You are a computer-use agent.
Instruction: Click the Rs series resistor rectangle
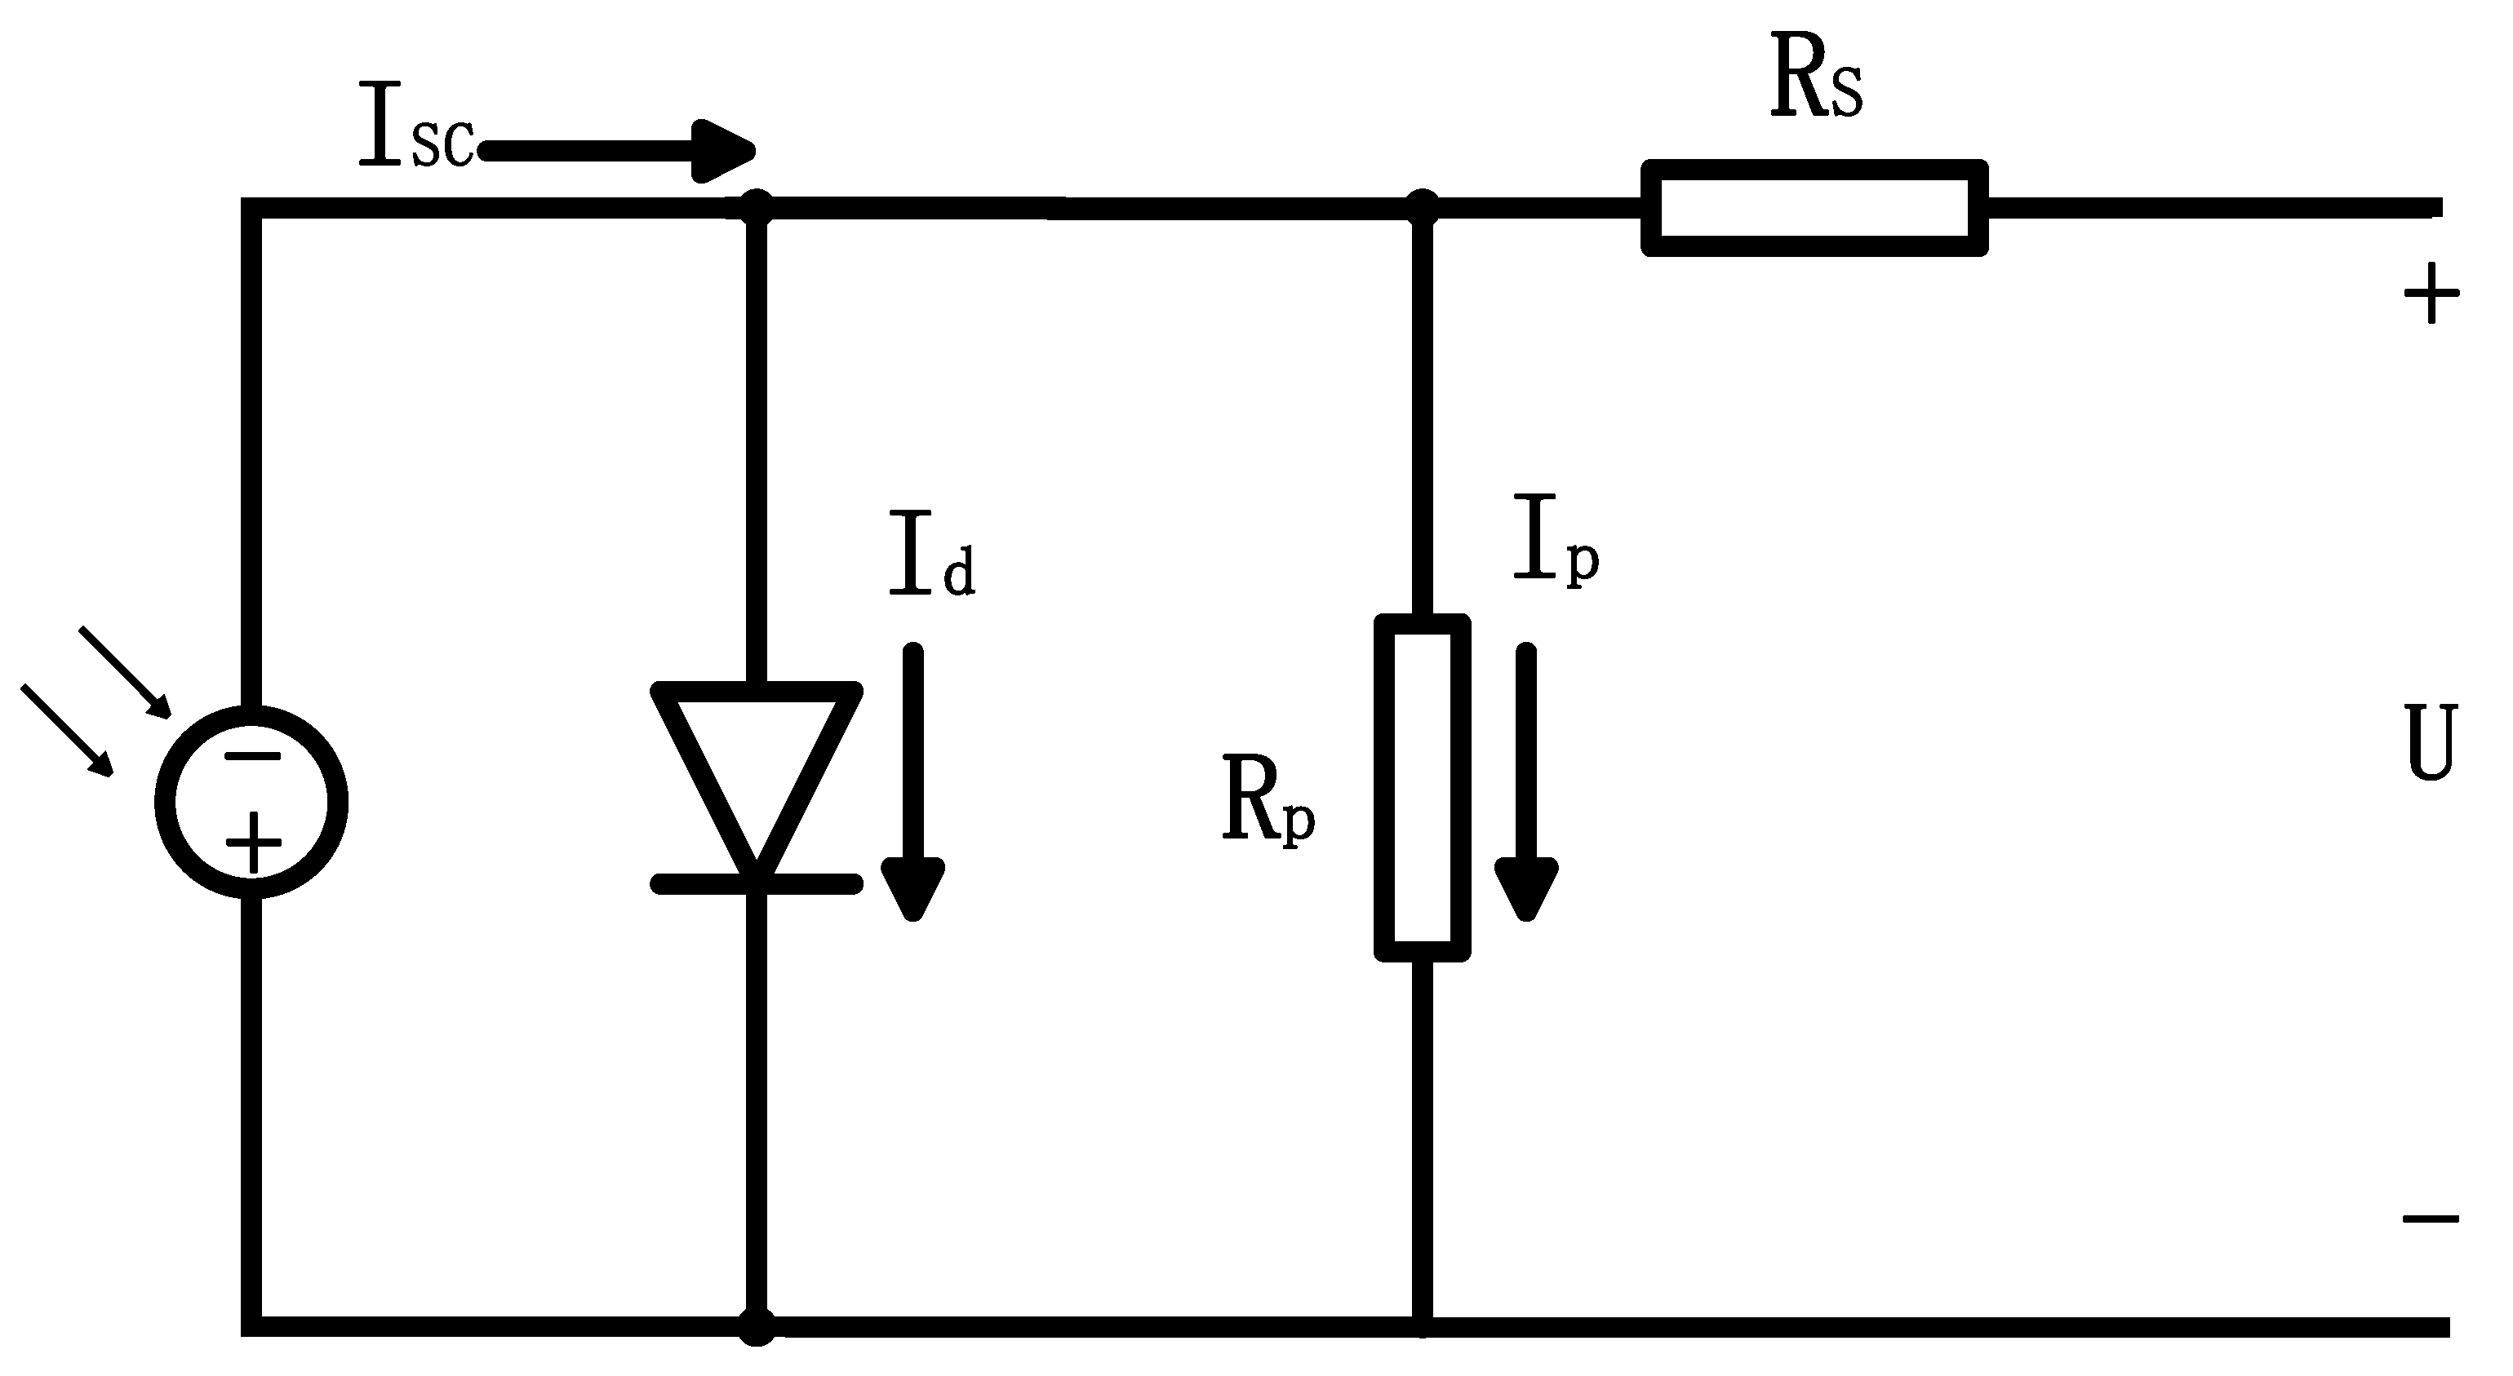pos(1814,208)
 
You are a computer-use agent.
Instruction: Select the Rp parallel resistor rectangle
pos(1423,788)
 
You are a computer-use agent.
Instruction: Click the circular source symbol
pos(251,802)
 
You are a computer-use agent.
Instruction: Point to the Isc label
pos(415,126)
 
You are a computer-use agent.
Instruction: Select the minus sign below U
pos(2429,1218)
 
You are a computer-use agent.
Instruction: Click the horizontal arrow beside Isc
pos(619,151)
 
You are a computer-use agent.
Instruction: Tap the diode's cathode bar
pos(756,884)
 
